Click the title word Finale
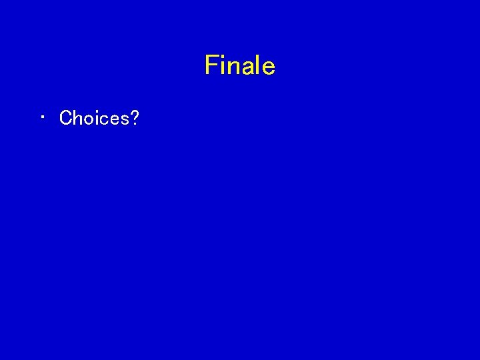tap(240, 65)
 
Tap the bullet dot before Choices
tap(42, 118)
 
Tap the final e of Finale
tap(267, 68)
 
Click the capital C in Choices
tap(66, 118)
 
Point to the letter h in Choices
tap(77, 118)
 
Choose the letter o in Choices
tap(88, 120)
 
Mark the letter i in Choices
tap(96, 118)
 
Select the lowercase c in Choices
tap(103, 120)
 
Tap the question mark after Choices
tap(134, 118)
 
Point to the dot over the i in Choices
tap(96, 111)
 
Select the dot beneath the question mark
tap(134, 125)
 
